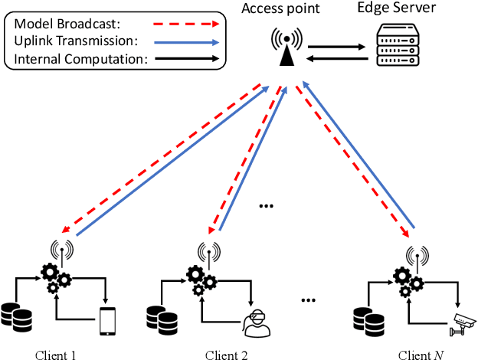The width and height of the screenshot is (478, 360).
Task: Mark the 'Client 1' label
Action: [x=56, y=354]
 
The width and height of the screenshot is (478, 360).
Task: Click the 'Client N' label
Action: [x=421, y=354]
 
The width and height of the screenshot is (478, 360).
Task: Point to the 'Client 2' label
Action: [x=227, y=354]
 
